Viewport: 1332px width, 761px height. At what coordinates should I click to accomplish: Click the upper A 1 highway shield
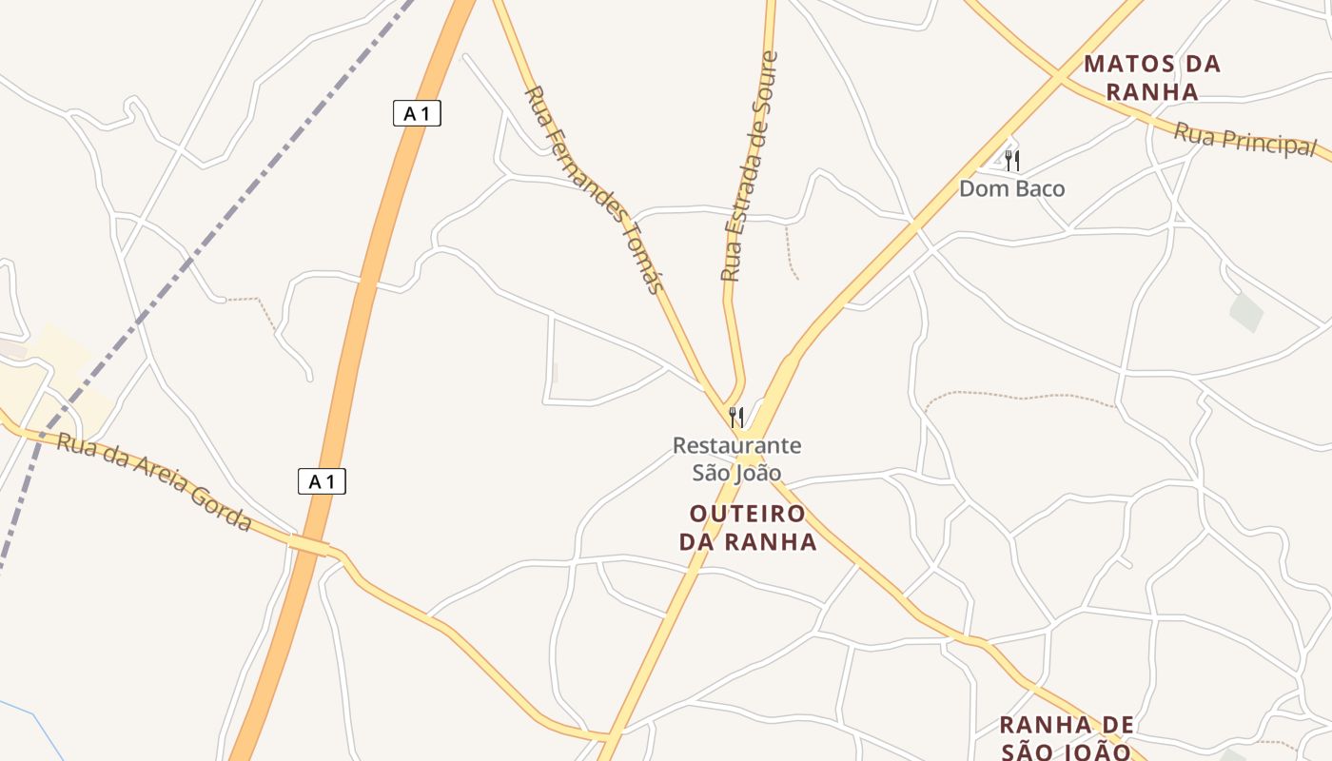click(x=417, y=113)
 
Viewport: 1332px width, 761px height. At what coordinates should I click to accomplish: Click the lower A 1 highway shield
click(x=322, y=481)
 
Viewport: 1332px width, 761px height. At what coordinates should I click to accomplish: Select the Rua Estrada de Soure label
click(x=750, y=166)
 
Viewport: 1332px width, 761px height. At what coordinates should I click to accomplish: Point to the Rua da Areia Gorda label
click(x=154, y=482)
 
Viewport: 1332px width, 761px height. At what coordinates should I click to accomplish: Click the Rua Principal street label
click(x=1244, y=141)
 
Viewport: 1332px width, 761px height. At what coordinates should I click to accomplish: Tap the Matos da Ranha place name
click(x=1152, y=78)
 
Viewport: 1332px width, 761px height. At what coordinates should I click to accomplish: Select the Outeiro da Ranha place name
click(x=748, y=528)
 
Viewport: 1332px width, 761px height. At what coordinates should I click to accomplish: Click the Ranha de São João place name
click(x=1067, y=738)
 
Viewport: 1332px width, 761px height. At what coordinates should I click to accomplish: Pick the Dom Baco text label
click(x=1011, y=188)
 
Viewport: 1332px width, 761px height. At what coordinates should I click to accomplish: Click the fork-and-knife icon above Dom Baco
click(x=1012, y=160)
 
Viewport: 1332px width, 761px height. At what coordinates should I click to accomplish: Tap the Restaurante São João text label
click(x=736, y=459)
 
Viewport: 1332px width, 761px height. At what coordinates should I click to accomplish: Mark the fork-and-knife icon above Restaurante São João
click(x=735, y=417)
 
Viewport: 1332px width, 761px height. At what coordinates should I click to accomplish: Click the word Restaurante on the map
click(x=736, y=445)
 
